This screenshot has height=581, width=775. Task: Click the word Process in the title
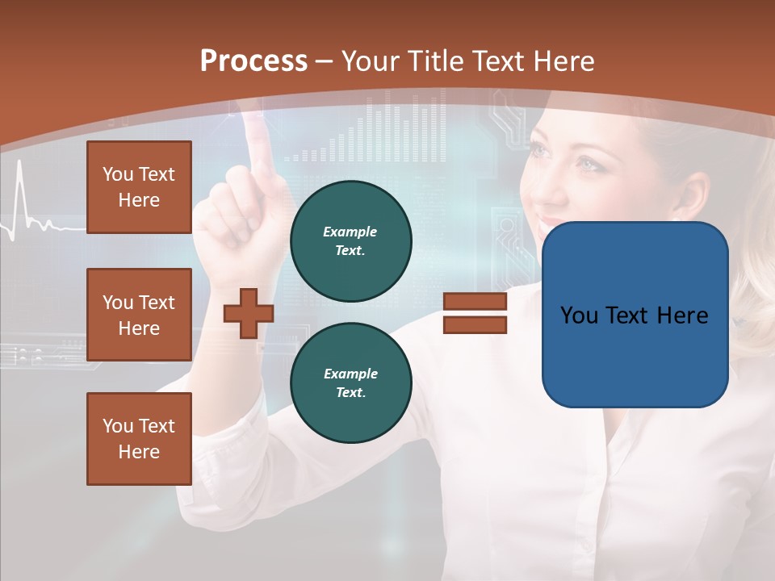[x=253, y=61]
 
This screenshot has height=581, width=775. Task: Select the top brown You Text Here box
[x=139, y=187]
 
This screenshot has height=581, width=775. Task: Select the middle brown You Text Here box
[x=139, y=315]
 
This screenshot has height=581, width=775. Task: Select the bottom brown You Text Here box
[x=139, y=439]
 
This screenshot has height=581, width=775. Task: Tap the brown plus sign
[x=249, y=313]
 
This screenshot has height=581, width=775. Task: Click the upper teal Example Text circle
[x=350, y=240]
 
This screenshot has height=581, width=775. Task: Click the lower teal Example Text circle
[x=350, y=382]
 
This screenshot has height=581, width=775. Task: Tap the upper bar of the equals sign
[x=475, y=302]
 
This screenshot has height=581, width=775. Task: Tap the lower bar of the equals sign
[x=475, y=324]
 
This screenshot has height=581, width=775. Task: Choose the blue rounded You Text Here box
[x=635, y=315]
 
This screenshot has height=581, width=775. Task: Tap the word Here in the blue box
[x=682, y=316]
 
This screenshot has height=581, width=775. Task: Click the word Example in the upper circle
[x=350, y=232]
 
